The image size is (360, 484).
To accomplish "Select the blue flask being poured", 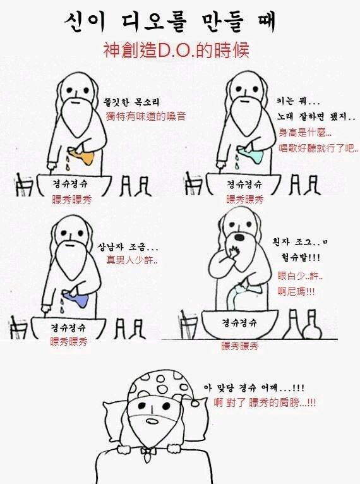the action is pyautogui.click(x=77, y=298).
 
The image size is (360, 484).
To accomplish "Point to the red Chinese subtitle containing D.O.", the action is pyautogui.click(x=176, y=50).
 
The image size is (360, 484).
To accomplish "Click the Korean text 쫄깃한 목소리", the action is pyautogui.click(x=133, y=102).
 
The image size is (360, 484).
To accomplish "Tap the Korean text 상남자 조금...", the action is pyautogui.click(x=128, y=247).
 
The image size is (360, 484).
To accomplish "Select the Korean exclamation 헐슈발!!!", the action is pyautogui.click(x=301, y=257).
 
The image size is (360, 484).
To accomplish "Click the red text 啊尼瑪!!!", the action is pyautogui.click(x=296, y=291).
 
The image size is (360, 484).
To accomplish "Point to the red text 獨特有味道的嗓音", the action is pyautogui.click(x=146, y=116).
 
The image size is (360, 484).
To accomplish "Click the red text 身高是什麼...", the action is pyautogui.click(x=305, y=133).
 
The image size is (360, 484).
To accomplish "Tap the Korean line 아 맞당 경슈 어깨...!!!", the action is pyautogui.click(x=254, y=387).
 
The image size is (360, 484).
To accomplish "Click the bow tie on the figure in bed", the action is pyautogui.click(x=149, y=452).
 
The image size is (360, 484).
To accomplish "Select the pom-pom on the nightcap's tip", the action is pyautogui.click(x=196, y=402).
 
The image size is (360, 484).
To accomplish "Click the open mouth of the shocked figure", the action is pyautogui.click(x=240, y=237).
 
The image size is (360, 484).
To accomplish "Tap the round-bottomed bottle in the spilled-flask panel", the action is pyautogui.click(x=312, y=325).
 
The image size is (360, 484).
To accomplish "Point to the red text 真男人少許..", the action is pyautogui.click(x=132, y=260).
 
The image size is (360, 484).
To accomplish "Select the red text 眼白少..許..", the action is pyautogui.click(x=300, y=275).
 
